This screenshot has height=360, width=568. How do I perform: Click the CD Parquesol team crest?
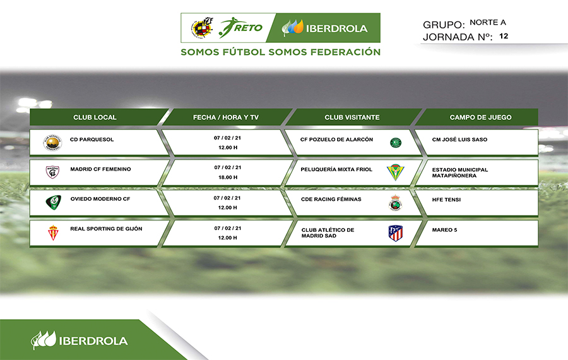point(52,143)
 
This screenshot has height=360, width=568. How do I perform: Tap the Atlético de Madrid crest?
point(396,233)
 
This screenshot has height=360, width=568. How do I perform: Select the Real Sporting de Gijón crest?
point(53,233)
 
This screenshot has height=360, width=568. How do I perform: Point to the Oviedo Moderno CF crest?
point(53,203)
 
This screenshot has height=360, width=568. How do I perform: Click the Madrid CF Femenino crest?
point(52,172)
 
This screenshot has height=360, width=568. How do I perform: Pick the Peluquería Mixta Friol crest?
point(395,172)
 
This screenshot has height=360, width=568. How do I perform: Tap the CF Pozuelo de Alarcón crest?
point(396,143)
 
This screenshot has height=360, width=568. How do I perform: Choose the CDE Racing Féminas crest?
point(396,203)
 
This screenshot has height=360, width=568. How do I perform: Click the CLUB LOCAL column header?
point(95,117)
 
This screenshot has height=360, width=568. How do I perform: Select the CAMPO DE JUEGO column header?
point(481,117)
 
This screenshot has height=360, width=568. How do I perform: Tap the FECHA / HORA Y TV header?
point(226,117)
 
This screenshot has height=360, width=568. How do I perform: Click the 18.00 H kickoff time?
point(228,177)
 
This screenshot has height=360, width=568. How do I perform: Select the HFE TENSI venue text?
point(446,200)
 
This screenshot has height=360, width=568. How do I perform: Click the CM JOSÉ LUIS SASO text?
point(459,140)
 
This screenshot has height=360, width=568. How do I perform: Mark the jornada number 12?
point(504,36)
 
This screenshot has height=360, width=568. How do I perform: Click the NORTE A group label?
point(488,23)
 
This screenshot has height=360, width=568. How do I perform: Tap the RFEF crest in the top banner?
point(202,27)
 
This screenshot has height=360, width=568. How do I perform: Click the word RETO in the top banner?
point(249,28)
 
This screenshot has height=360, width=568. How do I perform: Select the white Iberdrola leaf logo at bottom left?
point(44,340)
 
